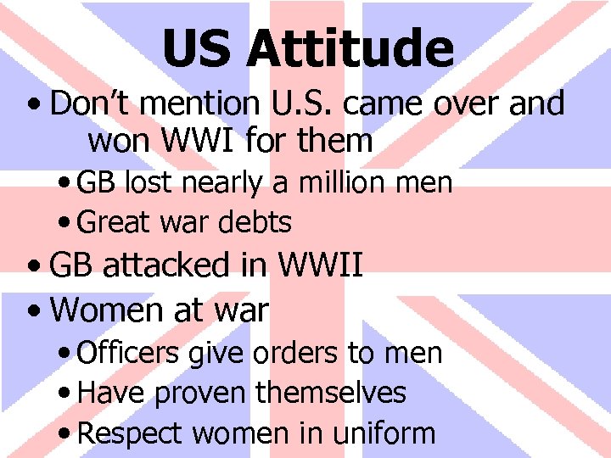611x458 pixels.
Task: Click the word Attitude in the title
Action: pyautogui.click(x=350, y=48)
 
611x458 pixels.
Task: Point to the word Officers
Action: pyautogui.click(x=127, y=353)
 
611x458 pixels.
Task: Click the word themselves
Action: pyautogui.click(x=330, y=393)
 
